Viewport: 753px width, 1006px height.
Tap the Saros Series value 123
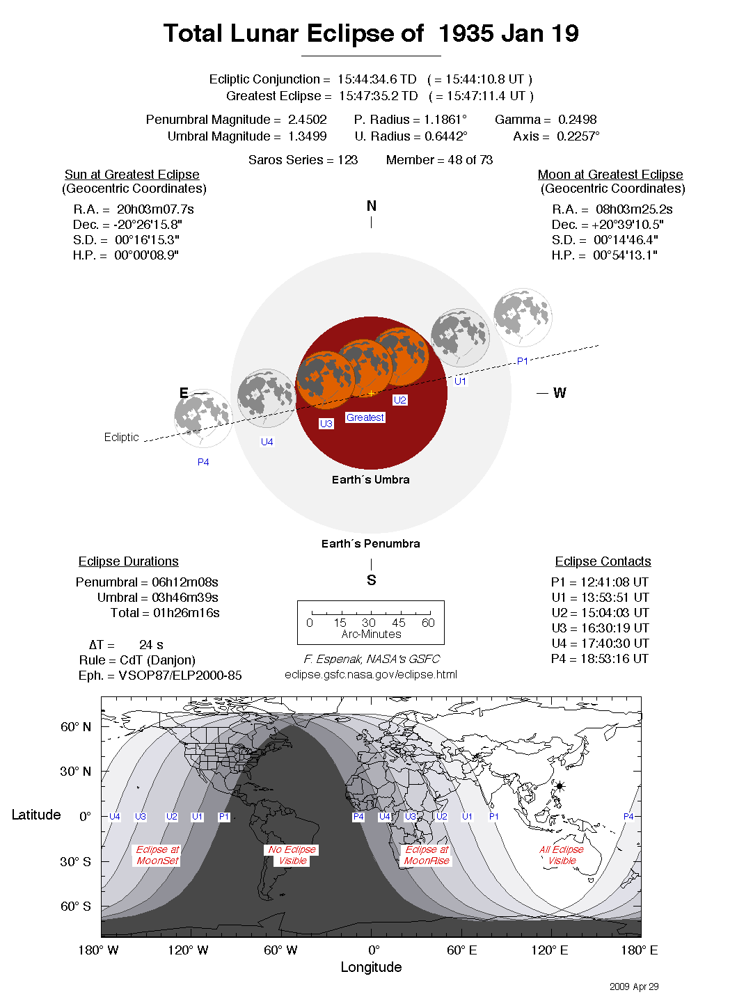pyautogui.click(x=347, y=160)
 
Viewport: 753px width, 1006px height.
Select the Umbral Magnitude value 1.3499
pyautogui.click(x=307, y=136)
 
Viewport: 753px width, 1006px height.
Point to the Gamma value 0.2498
pyautogui.click(x=577, y=120)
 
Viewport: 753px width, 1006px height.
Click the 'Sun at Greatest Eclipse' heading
pyautogui.click(x=132, y=175)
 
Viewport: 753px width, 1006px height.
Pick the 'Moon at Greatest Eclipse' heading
pyautogui.click(x=610, y=175)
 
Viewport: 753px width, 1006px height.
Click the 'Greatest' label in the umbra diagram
pyautogui.click(x=365, y=417)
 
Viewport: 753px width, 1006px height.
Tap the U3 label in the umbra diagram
pyautogui.click(x=326, y=424)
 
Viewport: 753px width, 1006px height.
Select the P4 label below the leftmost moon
pyautogui.click(x=203, y=462)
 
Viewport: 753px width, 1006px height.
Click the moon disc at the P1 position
pyautogui.click(x=523, y=317)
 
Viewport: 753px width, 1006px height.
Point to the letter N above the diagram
pyautogui.click(x=372, y=206)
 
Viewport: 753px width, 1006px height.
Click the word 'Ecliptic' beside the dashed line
pyautogui.click(x=121, y=437)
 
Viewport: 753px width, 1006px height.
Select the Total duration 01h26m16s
pyautogui.click(x=186, y=613)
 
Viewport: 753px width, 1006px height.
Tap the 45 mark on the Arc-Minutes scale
pyautogui.click(x=399, y=623)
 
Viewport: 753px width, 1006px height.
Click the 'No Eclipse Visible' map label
pyautogui.click(x=292, y=855)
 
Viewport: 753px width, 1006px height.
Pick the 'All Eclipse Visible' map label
pyautogui.click(x=562, y=855)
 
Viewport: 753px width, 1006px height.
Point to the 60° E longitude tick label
pyautogui.click(x=462, y=950)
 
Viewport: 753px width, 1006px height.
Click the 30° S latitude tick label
pyautogui.click(x=75, y=861)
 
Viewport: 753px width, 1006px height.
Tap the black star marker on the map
pyautogui.click(x=560, y=787)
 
